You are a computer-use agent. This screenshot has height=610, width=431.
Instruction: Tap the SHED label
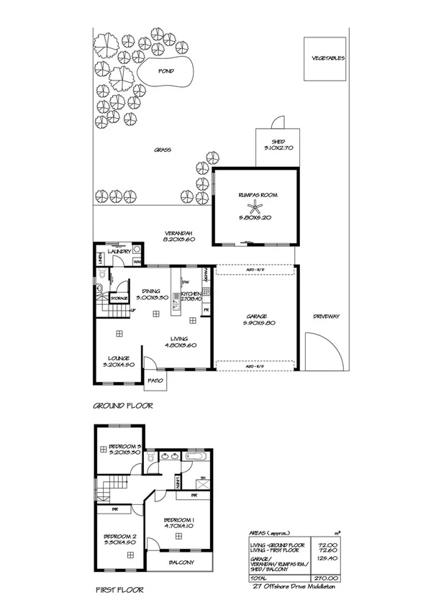click(x=278, y=142)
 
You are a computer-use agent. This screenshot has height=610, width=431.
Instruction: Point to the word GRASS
click(x=161, y=150)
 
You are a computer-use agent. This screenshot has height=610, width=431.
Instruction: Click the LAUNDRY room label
click(x=119, y=251)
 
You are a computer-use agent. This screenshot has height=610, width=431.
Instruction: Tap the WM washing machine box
click(x=136, y=262)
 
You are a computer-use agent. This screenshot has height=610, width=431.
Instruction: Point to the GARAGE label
click(x=256, y=317)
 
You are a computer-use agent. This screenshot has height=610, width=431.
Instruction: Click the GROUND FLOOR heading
click(x=124, y=406)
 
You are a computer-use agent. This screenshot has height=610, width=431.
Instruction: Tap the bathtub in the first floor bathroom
click(x=195, y=456)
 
